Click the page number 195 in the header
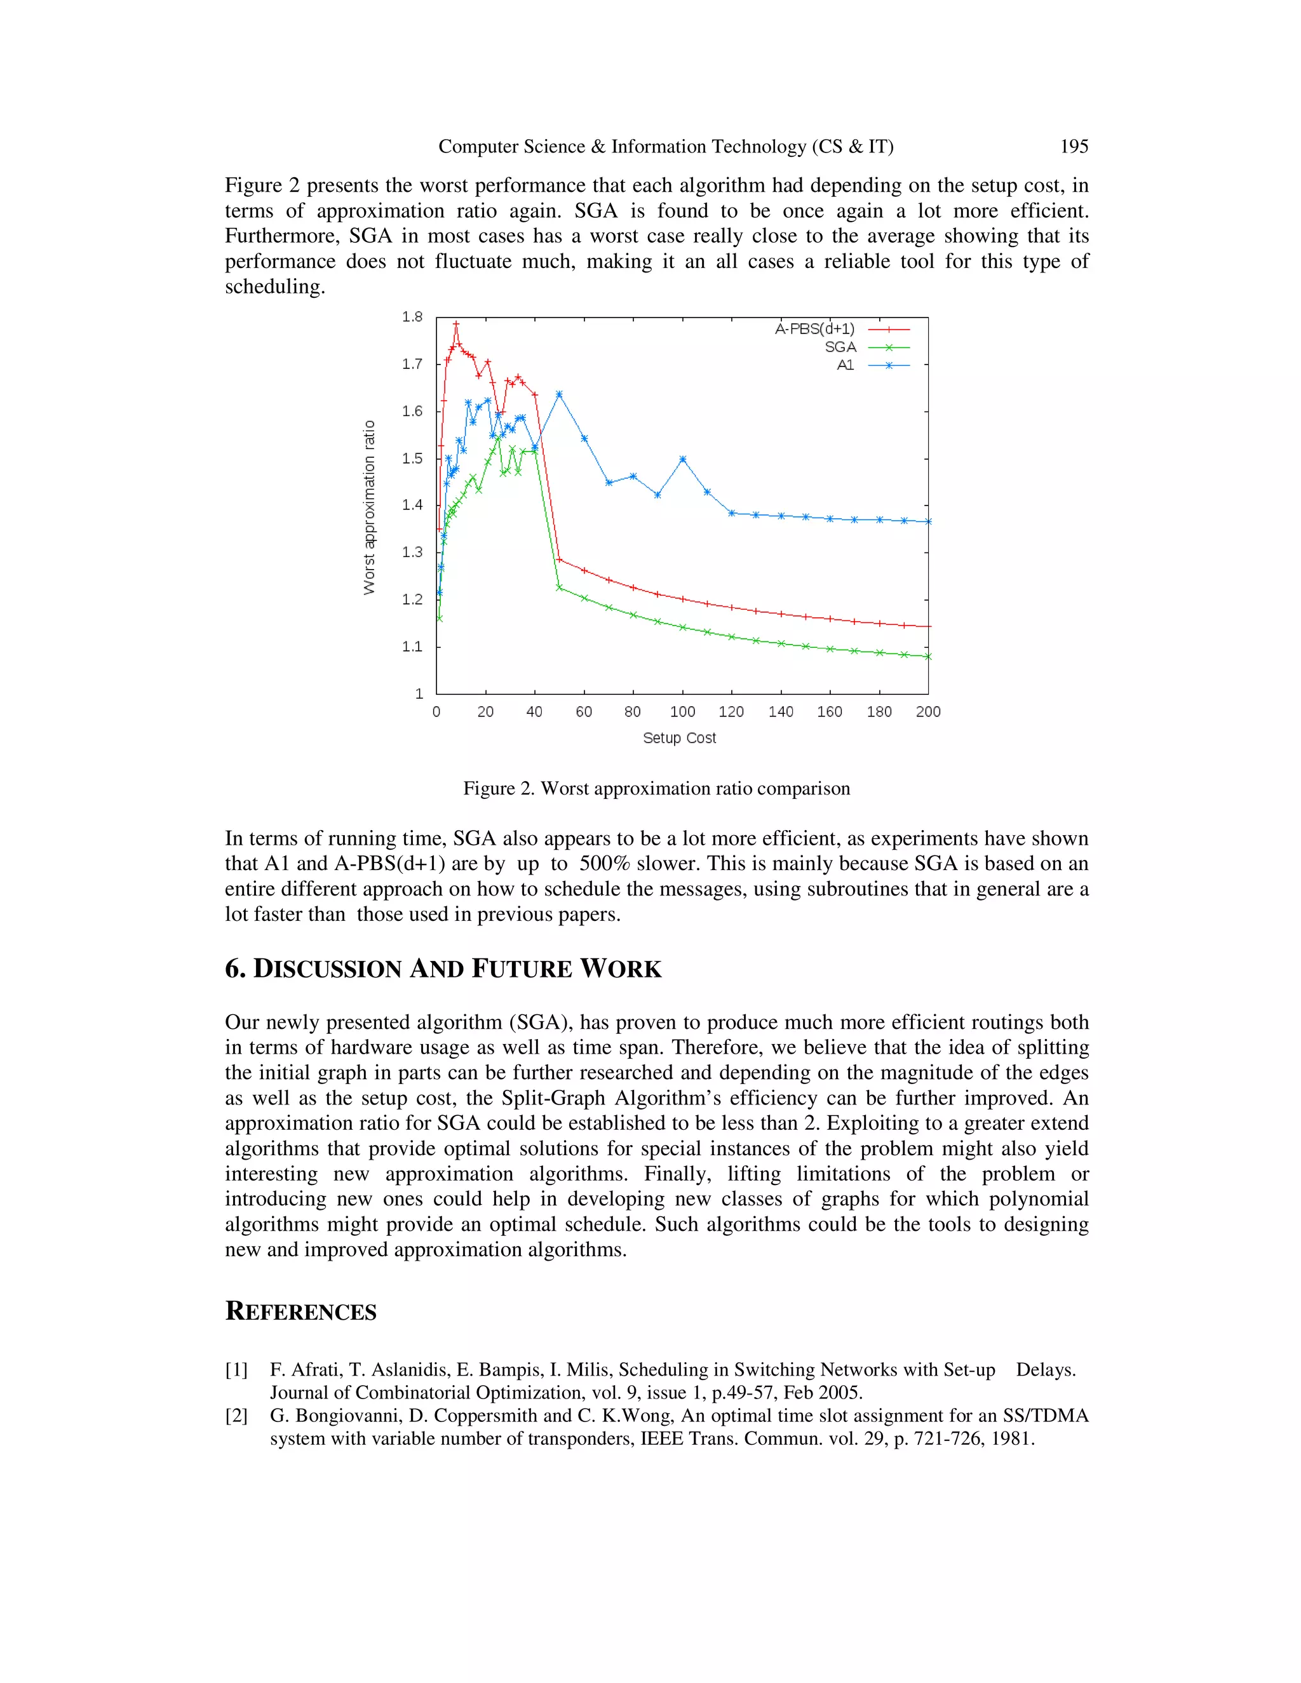[x=1074, y=147]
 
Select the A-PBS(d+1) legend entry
[x=814, y=329]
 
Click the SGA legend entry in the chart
[x=840, y=347]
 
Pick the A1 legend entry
[x=846, y=365]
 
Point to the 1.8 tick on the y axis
[x=412, y=317]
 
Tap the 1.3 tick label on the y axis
[x=412, y=553]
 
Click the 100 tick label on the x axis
[x=682, y=712]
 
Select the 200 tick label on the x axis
[x=928, y=712]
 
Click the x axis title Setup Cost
[x=679, y=738]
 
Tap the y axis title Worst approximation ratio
[x=369, y=507]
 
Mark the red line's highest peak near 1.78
[x=455, y=324]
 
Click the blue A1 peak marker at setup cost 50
[x=559, y=394]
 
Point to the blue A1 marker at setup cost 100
[x=683, y=459]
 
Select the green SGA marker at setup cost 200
[x=928, y=657]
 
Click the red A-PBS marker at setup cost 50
[x=559, y=560]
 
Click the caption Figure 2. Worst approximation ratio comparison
[x=656, y=788]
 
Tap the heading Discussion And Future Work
[x=443, y=969]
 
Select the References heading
[x=300, y=1311]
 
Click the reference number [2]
[x=236, y=1416]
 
